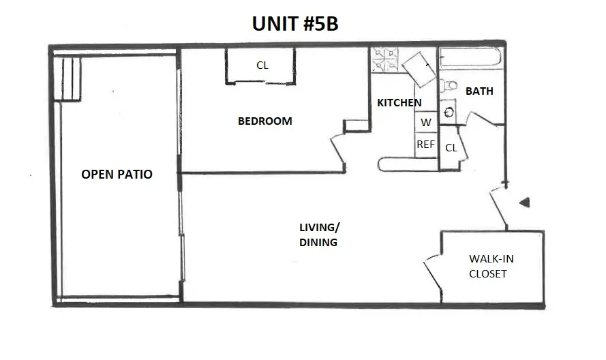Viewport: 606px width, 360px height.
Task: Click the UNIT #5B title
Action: click(x=295, y=24)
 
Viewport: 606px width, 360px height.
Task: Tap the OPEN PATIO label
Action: click(x=117, y=175)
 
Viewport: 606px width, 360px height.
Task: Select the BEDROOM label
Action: click(x=264, y=121)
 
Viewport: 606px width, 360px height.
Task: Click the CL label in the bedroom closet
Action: click(x=262, y=66)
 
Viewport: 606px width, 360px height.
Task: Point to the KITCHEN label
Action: click(x=399, y=102)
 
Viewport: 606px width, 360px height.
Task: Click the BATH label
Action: click(x=479, y=91)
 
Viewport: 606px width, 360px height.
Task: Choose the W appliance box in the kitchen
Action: click(x=426, y=123)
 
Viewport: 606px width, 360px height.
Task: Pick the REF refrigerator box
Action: click(x=426, y=145)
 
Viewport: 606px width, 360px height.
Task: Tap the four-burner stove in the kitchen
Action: click(x=384, y=61)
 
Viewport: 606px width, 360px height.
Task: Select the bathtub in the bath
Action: click(x=470, y=60)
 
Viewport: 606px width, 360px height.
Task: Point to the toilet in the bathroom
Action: click(x=448, y=87)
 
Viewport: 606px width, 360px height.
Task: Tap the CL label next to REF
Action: click(x=451, y=148)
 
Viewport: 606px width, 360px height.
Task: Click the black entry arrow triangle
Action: click(x=524, y=202)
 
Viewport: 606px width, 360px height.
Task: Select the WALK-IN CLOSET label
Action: click(x=487, y=266)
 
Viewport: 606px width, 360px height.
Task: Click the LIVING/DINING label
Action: click(x=319, y=234)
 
